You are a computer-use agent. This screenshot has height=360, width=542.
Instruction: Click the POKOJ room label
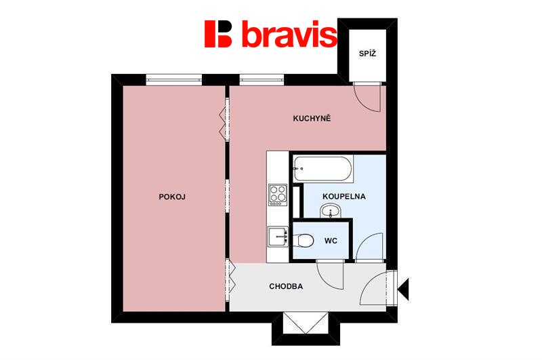pyautogui.click(x=172, y=197)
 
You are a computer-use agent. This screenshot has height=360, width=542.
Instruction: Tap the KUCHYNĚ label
pyautogui.click(x=312, y=118)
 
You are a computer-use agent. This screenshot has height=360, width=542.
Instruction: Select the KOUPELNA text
pyautogui.click(x=344, y=197)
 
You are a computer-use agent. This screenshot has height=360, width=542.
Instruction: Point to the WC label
pyautogui.click(x=331, y=241)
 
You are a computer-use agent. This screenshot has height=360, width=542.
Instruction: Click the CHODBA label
pyautogui.click(x=286, y=286)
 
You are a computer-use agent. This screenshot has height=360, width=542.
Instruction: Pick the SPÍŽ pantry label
pyautogui.click(x=367, y=54)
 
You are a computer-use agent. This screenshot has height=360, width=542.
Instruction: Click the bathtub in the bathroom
pyautogui.click(x=323, y=169)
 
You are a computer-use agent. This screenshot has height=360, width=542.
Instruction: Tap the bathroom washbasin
pyautogui.click(x=331, y=210)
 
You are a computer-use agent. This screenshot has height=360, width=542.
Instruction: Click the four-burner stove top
pyautogui.click(x=278, y=195)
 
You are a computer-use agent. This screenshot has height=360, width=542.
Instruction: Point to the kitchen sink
pyautogui.click(x=278, y=236)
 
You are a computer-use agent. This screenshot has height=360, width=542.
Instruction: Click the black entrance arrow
pyautogui.click(x=403, y=289)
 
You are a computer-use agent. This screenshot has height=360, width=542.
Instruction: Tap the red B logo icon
pyautogui.click(x=218, y=33)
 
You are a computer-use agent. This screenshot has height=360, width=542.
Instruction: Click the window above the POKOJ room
pyautogui.click(x=173, y=79)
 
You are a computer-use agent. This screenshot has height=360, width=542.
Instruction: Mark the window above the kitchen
pyautogui.click(x=262, y=79)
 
